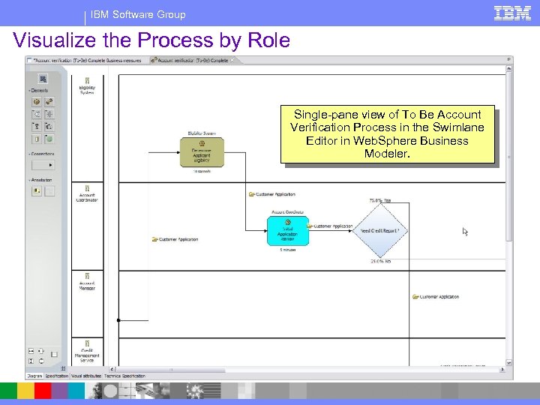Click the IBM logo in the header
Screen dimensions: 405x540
click(x=512, y=13)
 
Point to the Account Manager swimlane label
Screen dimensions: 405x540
click(x=87, y=284)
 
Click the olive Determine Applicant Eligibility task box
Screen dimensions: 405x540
click(x=202, y=152)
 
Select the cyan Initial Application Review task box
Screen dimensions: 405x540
click(x=288, y=230)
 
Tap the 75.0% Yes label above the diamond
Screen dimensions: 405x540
click(x=380, y=200)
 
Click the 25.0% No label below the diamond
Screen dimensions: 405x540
click(x=380, y=262)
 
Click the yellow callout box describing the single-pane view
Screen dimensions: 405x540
click(x=387, y=133)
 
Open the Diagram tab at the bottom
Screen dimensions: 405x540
click(x=34, y=376)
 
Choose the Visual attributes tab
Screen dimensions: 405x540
click(x=87, y=376)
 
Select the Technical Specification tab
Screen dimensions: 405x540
click(x=124, y=376)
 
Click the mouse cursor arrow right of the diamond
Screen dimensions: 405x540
click(x=465, y=232)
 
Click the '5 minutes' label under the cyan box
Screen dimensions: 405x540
click(x=288, y=250)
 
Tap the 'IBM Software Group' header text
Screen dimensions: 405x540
click(x=138, y=14)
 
